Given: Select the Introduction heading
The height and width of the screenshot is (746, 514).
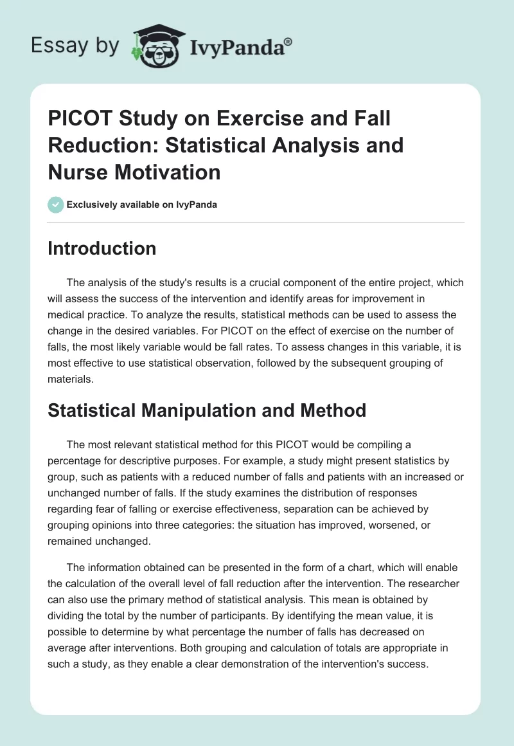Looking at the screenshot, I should click(102, 248).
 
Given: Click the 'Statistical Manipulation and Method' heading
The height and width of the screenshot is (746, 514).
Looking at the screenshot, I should click(207, 410).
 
